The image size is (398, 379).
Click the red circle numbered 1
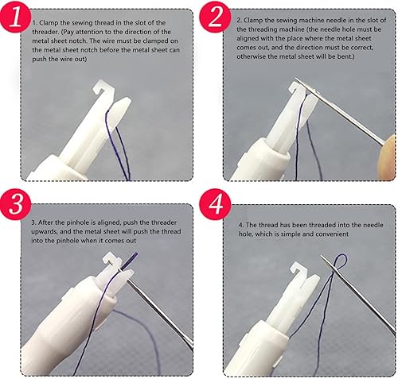point(15,17)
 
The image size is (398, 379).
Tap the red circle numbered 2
point(215,17)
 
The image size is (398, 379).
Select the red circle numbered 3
point(15,204)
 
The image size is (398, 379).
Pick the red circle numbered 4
point(215,204)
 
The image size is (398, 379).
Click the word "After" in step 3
point(45,222)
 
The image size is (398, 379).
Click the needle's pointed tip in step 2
point(297,79)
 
